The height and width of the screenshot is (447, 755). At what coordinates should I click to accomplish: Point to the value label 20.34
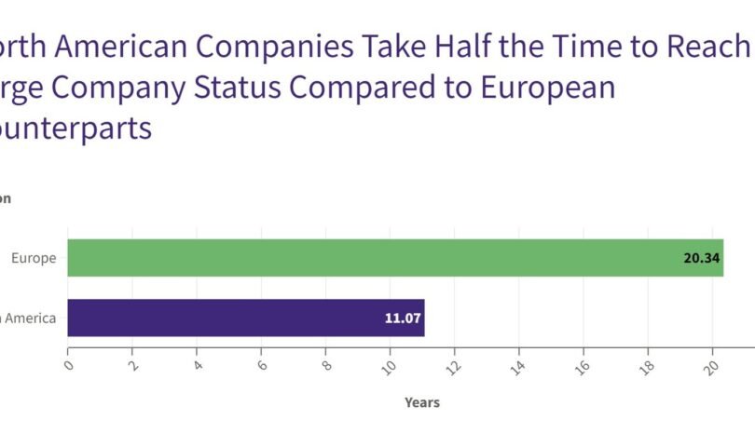[x=701, y=258]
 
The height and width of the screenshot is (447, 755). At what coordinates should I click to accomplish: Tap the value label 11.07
[x=403, y=318]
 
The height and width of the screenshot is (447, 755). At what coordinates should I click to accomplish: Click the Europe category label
[x=34, y=258]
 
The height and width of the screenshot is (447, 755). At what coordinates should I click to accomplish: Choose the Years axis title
[x=421, y=402]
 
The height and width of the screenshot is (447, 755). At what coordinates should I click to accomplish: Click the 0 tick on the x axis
[x=69, y=364]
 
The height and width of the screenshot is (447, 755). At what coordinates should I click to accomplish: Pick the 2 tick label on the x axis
[x=133, y=364]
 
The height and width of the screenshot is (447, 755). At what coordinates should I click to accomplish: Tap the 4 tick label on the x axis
[x=198, y=364]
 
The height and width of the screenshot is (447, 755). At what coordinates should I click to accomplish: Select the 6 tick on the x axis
[x=262, y=364]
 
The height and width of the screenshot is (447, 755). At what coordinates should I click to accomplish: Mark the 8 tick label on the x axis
[x=326, y=364]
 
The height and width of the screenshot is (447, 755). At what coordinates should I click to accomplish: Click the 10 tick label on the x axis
[x=389, y=366]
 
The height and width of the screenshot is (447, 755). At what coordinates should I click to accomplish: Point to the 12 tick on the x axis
[x=453, y=366]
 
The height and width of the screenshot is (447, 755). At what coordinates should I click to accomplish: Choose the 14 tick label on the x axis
[x=517, y=366]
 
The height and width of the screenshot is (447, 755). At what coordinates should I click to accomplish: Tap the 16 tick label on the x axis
[x=582, y=366]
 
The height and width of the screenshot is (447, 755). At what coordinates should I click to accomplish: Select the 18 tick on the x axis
[x=646, y=366]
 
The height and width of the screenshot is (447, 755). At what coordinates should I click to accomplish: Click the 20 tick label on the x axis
[x=710, y=366]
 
